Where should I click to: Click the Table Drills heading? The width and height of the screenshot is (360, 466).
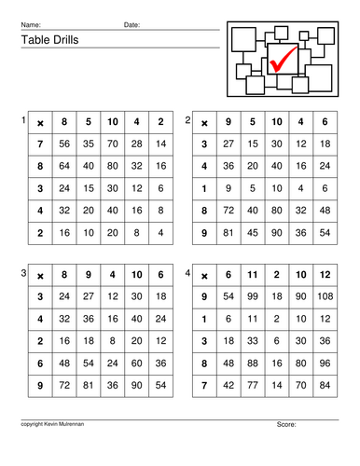[46, 41]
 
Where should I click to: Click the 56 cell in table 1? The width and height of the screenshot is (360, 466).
[64, 144]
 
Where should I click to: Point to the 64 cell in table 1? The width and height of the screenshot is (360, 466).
[64, 166]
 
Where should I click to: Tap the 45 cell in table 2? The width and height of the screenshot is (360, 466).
[251, 231]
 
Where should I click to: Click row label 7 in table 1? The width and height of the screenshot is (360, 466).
[40, 144]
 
